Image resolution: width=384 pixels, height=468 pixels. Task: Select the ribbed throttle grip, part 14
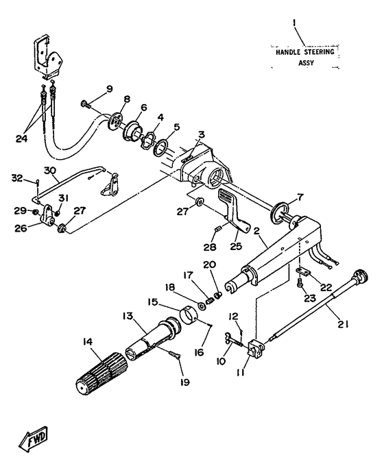coord(101,373)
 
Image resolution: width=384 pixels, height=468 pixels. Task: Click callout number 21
coord(342,324)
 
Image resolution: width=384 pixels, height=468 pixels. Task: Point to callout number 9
coord(110,89)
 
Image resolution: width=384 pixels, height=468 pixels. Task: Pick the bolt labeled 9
coord(86,104)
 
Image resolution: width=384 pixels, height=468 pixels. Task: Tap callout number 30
coord(50,171)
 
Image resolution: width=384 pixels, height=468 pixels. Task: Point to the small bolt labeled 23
coord(300,285)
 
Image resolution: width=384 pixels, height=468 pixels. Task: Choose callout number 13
coord(128,316)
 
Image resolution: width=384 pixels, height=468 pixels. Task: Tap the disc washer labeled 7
coord(280,213)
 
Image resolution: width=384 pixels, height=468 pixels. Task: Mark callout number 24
coord(21,138)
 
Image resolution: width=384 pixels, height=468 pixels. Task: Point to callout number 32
coord(17,178)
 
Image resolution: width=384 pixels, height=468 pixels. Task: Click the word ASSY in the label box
coord(307,63)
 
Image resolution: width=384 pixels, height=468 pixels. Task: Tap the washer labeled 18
coord(202,306)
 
